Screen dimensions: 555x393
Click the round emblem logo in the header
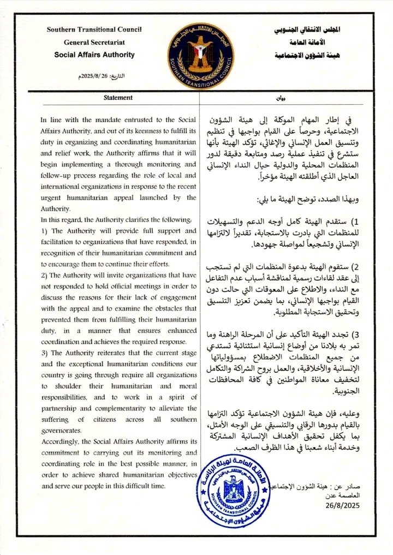201,52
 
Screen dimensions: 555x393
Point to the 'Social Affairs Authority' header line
94,55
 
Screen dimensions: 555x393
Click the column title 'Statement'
118,98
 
